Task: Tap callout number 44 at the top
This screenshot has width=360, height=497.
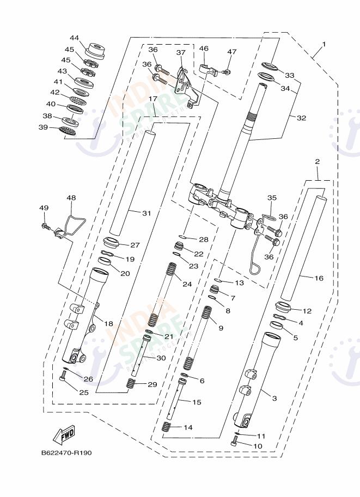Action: [x=74, y=38]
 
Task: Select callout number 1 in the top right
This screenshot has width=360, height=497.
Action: [x=324, y=43]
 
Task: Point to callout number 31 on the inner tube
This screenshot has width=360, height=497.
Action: [x=145, y=213]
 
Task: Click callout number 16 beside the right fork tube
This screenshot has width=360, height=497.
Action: [x=319, y=278]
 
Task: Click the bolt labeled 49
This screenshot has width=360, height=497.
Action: [x=46, y=225]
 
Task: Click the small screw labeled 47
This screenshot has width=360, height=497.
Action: [x=227, y=72]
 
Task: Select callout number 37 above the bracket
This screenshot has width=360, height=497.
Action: [x=181, y=52]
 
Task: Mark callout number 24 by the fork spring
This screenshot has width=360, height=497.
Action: [x=187, y=284]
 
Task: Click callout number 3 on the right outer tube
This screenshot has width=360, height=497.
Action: [x=274, y=398]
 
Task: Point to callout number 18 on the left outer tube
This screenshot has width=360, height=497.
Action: [x=108, y=323]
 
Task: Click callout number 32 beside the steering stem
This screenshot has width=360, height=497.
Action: [x=301, y=117]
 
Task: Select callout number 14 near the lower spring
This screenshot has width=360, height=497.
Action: [x=187, y=427]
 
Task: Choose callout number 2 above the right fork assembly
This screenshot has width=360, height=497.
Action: [x=317, y=162]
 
